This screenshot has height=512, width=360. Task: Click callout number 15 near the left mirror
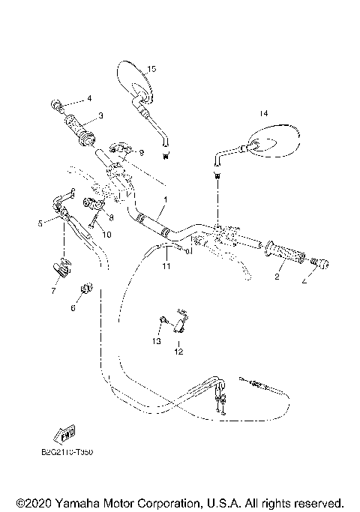coord(151,69)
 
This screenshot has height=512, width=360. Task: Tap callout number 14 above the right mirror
coord(262,113)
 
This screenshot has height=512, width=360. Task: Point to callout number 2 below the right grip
coord(276,277)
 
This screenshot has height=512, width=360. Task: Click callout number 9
coord(141,152)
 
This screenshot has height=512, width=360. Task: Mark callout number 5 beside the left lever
coord(40,223)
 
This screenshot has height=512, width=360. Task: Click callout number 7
coord(53,289)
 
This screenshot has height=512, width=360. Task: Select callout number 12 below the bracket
coord(178,350)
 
